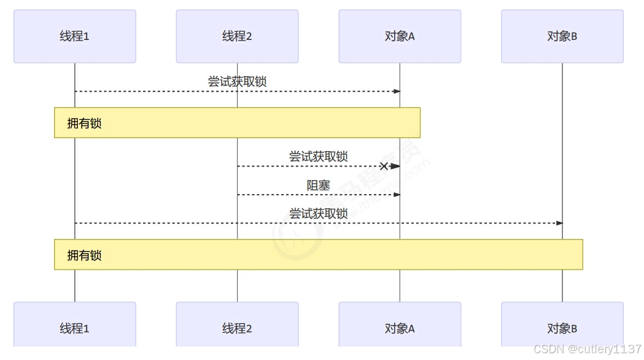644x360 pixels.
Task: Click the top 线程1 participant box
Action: [74, 36]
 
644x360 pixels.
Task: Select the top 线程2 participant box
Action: [237, 36]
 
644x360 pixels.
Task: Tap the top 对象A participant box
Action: [400, 36]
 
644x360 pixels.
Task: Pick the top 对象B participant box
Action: [562, 36]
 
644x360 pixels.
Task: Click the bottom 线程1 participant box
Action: [74, 329]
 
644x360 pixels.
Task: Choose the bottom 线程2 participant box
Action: [237, 329]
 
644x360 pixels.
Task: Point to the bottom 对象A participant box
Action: [400, 329]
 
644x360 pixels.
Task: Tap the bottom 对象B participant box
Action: [562, 329]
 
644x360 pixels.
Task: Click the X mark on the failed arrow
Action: [384, 166]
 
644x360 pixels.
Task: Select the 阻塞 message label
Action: [319, 185]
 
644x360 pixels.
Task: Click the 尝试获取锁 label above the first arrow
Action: [237, 82]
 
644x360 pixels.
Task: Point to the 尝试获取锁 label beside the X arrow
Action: [319, 157]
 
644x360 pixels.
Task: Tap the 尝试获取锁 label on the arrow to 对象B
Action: [319, 214]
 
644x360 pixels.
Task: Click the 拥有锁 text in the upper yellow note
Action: [84, 123]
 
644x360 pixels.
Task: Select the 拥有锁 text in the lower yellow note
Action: [84, 256]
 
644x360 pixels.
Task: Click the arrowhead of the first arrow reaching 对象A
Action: [397, 92]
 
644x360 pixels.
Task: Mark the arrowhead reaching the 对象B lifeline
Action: [559, 223]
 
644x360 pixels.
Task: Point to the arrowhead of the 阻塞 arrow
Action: [397, 195]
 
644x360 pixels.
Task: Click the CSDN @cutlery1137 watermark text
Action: [588, 349]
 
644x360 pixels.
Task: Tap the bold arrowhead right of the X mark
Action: [395, 166]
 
